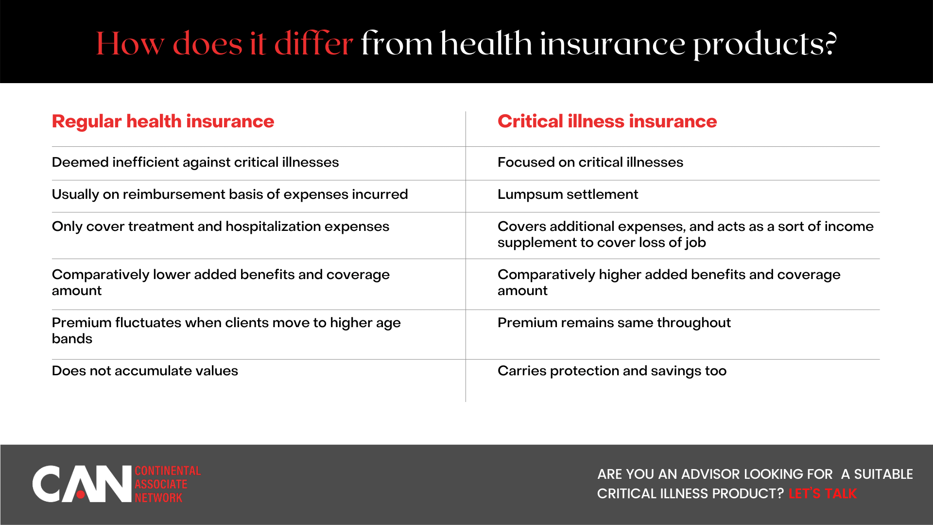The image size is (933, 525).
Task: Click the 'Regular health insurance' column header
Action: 163,122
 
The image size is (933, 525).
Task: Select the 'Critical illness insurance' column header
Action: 607,122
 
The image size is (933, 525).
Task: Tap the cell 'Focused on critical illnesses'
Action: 590,162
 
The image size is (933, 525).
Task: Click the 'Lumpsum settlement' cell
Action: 568,194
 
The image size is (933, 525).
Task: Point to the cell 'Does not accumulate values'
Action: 145,371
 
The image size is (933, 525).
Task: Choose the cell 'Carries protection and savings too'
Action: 612,371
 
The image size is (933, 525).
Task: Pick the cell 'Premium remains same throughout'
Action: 614,323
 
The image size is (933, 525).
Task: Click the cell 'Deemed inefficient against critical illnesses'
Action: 195,162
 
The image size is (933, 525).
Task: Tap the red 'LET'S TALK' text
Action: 822,494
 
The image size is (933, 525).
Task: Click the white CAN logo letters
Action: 82,484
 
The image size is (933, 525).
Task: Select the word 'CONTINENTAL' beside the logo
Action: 168,471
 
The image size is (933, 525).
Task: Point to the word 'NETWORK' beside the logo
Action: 158,498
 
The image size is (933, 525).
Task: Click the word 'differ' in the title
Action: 313,44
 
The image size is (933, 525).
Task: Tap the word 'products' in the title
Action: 758,45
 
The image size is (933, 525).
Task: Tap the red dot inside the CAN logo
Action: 81,495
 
